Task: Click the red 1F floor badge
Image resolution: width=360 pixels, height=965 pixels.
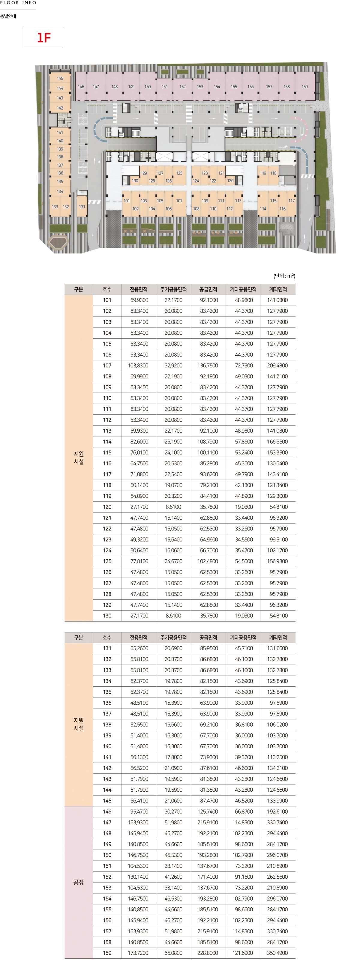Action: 43,38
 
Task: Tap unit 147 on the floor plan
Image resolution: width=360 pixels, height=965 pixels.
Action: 96,87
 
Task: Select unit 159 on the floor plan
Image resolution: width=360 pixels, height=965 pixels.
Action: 304,87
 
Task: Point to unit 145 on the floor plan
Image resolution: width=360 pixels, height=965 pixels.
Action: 60,78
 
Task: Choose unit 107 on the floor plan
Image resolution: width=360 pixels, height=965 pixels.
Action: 179,201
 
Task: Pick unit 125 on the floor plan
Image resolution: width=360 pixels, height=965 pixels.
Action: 179,173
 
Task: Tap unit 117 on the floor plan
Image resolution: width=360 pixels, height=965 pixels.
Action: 291,201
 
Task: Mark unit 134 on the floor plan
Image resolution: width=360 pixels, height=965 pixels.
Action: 60,191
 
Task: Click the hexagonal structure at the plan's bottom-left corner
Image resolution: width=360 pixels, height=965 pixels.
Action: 58,242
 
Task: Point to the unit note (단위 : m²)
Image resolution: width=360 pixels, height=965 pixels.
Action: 284,276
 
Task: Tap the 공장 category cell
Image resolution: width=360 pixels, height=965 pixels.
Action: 79,882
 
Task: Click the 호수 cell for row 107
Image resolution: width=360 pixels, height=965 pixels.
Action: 107,366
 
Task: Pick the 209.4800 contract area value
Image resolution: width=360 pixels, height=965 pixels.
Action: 277,366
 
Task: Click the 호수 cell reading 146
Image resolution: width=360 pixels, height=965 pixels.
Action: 107,811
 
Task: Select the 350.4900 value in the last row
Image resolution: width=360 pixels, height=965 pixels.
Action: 277,953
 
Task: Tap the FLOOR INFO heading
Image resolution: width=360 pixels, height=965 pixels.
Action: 18,3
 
